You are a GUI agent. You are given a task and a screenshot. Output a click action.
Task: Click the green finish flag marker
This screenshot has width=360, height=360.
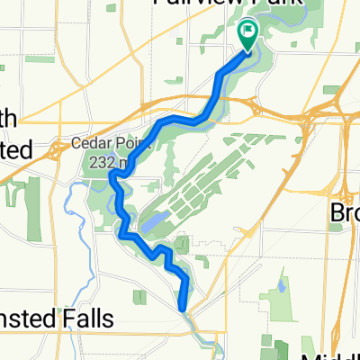(x=247, y=33)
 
